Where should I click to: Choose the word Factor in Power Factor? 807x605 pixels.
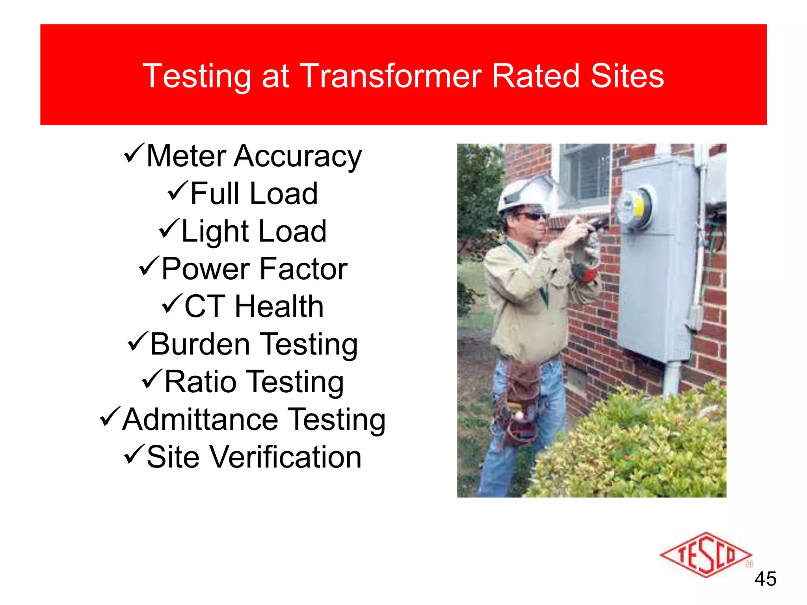(303, 269)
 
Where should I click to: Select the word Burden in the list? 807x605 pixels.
(200, 344)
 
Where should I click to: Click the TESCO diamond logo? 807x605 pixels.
(705, 555)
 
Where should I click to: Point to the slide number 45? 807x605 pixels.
(765, 579)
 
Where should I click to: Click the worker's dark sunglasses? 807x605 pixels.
(532, 216)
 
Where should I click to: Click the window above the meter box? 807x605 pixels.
(585, 173)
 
